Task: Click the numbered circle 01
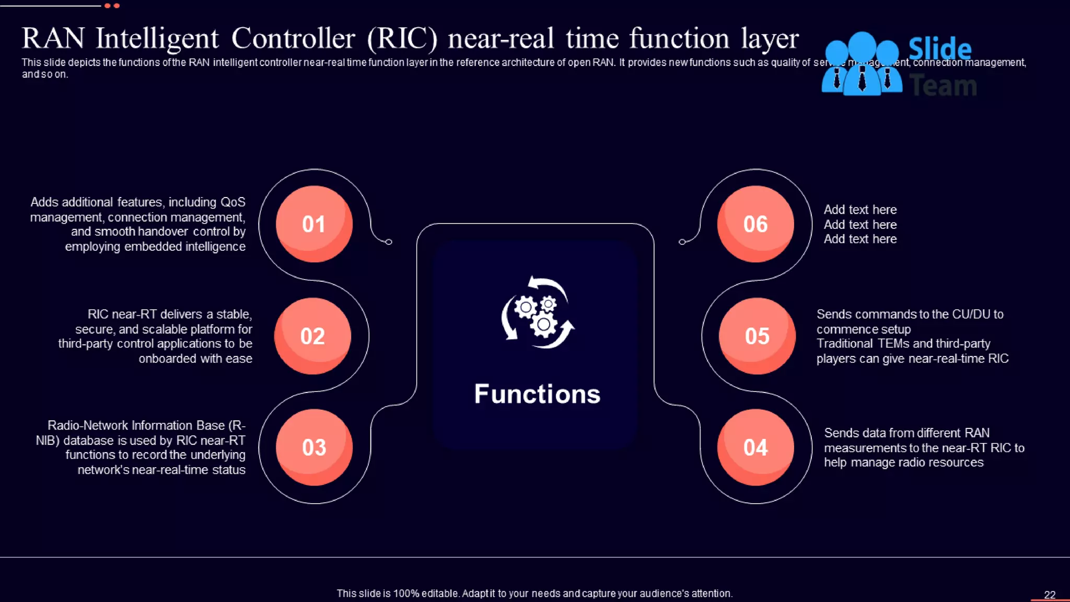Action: [x=314, y=224]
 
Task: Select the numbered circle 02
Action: [x=312, y=336]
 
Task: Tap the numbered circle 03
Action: [x=314, y=447]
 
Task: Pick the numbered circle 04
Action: [x=755, y=447]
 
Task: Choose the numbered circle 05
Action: [x=757, y=336]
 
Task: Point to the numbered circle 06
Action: [x=755, y=224]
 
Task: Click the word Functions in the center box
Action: [x=537, y=394]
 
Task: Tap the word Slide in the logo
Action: [x=939, y=49]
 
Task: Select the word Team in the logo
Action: [x=943, y=85]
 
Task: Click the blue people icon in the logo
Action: [x=862, y=64]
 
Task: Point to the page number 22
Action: [x=1050, y=595]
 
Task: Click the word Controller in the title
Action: [x=293, y=39]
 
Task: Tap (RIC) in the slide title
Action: [x=402, y=39]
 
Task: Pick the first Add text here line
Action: [x=860, y=210]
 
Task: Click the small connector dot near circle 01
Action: [x=389, y=242]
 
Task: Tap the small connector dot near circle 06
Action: [x=682, y=242]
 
